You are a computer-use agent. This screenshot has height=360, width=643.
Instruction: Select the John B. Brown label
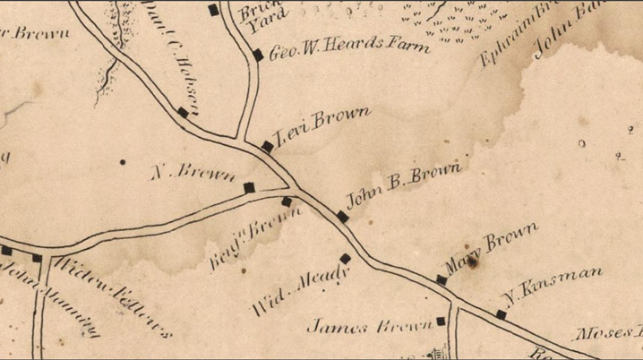[403, 184]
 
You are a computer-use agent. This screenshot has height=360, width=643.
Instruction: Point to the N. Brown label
[193, 170]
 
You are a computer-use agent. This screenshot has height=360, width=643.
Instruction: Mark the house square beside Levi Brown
[267, 146]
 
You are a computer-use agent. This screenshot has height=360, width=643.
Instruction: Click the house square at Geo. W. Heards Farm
[258, 55]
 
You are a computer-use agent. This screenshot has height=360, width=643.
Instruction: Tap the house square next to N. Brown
[249, 187]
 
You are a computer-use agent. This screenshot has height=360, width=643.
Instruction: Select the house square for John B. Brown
[342, 216]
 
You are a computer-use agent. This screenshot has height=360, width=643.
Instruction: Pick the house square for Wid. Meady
[345, 258]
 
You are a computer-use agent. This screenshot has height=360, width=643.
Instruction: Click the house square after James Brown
[441, 321]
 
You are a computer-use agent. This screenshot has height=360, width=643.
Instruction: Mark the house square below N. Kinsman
[501, 314]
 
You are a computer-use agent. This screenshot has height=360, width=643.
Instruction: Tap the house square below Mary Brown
[442, 280]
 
